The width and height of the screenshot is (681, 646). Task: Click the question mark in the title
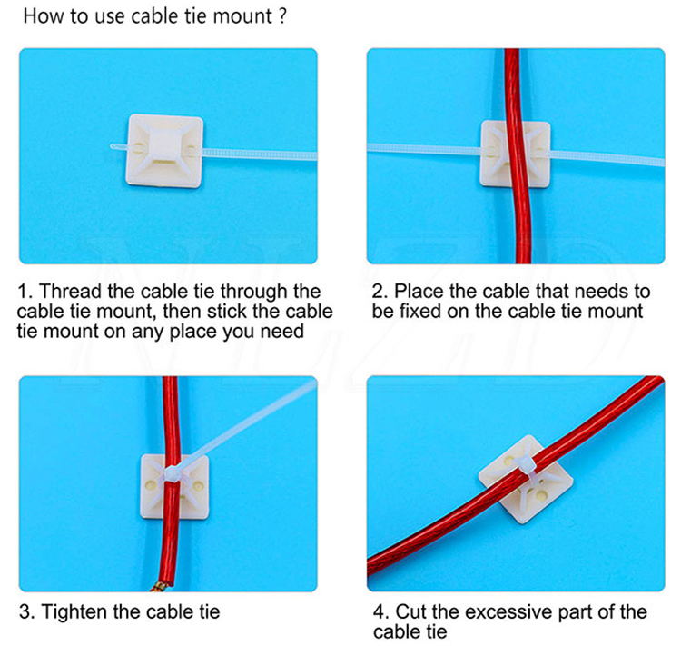[282, 15]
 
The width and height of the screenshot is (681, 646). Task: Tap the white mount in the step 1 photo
[164, 151]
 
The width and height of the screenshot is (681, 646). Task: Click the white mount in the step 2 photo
[515, 154]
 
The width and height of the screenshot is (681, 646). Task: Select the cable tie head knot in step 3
[172, 474]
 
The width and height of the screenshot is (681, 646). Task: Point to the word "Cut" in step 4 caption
[411, 611]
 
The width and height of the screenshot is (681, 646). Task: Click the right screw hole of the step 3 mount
[199, 484]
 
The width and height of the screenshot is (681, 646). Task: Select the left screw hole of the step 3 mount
[151, 484]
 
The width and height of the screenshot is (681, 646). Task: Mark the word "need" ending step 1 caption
[281, 332]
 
